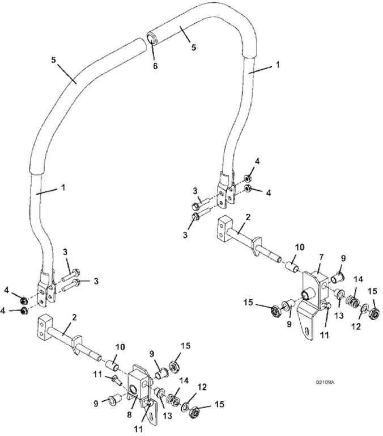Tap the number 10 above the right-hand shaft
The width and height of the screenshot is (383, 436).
299,248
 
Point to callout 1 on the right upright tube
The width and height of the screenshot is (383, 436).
278,65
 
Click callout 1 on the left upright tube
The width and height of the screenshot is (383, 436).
63,186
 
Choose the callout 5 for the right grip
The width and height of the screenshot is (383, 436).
194,48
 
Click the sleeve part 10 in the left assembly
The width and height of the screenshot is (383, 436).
113,362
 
